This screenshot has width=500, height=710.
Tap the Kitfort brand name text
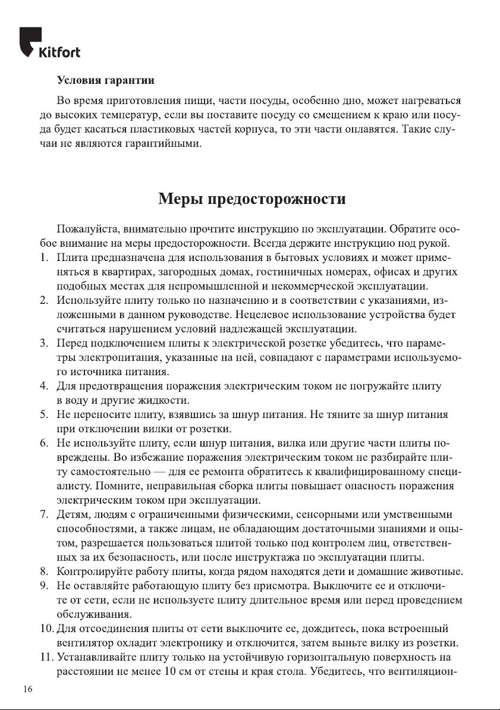coord(59,52)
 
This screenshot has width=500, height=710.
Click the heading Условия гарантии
coord(105,80)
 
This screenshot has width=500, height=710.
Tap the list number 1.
coord(43,257)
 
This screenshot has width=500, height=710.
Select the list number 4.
coord(43,386)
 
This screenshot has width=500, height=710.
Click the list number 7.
coord(43,514)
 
